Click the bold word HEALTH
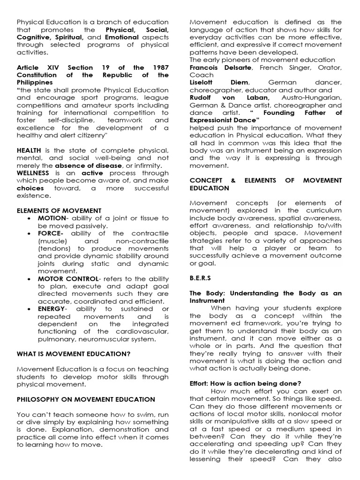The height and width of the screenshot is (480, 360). (29, 150)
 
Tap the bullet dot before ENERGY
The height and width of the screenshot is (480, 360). (31, 309)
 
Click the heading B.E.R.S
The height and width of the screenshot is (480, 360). (201, 277)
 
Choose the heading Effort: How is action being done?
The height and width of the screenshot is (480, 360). (245, 383)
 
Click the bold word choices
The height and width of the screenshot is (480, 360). (30, 188)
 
